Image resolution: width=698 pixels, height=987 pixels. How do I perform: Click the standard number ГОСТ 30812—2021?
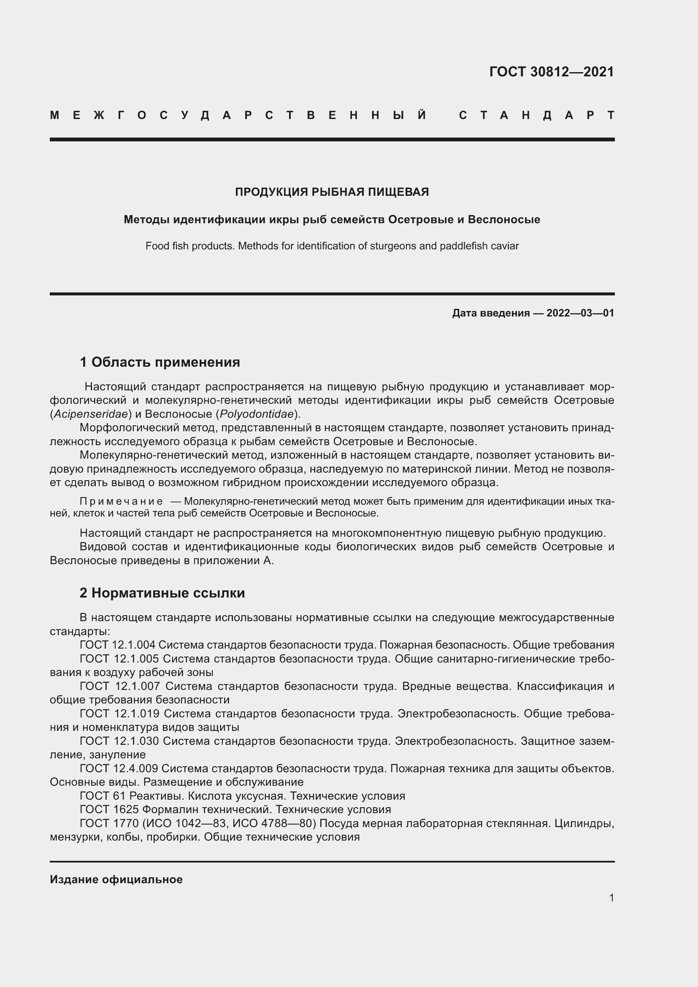552,72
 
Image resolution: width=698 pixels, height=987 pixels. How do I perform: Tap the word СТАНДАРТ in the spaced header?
536,115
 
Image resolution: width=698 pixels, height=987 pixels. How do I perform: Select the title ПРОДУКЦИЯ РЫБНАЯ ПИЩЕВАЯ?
332,192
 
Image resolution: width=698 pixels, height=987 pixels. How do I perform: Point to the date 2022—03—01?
580,313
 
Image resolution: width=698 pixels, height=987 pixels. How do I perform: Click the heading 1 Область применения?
160,362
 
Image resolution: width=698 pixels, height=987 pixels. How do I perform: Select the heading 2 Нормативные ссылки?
162,593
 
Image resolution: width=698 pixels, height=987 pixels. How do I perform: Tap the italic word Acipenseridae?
91,414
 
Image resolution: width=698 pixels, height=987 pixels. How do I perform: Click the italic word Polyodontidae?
257,414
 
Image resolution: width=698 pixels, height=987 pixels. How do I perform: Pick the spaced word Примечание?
121,501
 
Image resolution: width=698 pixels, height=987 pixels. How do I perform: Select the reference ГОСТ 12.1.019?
119,714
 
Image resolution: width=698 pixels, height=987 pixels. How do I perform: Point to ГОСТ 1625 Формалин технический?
176,809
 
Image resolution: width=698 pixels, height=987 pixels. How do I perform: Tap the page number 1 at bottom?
611,898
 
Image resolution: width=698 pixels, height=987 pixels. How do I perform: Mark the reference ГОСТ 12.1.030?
119,741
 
